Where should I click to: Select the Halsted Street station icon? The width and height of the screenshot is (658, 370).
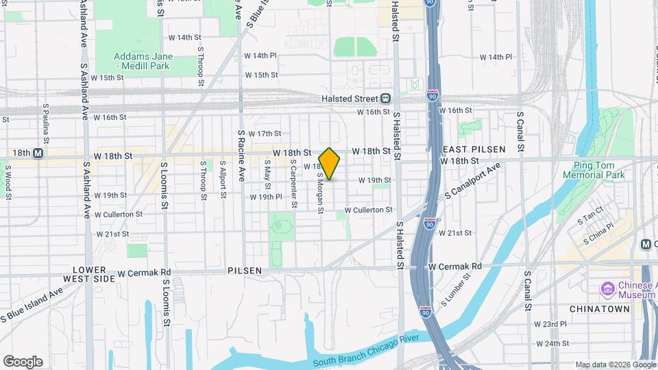pyautogui.click(x=386, y=99)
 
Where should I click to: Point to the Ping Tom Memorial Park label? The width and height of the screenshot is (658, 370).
pyautogui.click(x=594, y=170)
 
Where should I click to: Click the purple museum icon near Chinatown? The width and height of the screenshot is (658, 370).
pyautogui.click(x=607, y=288)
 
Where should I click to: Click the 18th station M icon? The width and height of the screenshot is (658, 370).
pyautogui.click(x=38, y=154)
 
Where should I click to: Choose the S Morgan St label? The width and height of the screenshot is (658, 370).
pyautogui.click(x=319, y=193)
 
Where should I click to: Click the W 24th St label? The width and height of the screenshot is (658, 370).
pyautogui.click(x=552, y=343)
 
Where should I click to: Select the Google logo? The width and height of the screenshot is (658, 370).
pyautogui.click(x=23, y=361)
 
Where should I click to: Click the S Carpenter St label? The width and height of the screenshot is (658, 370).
pyautogui.click(x=293, y=184)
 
